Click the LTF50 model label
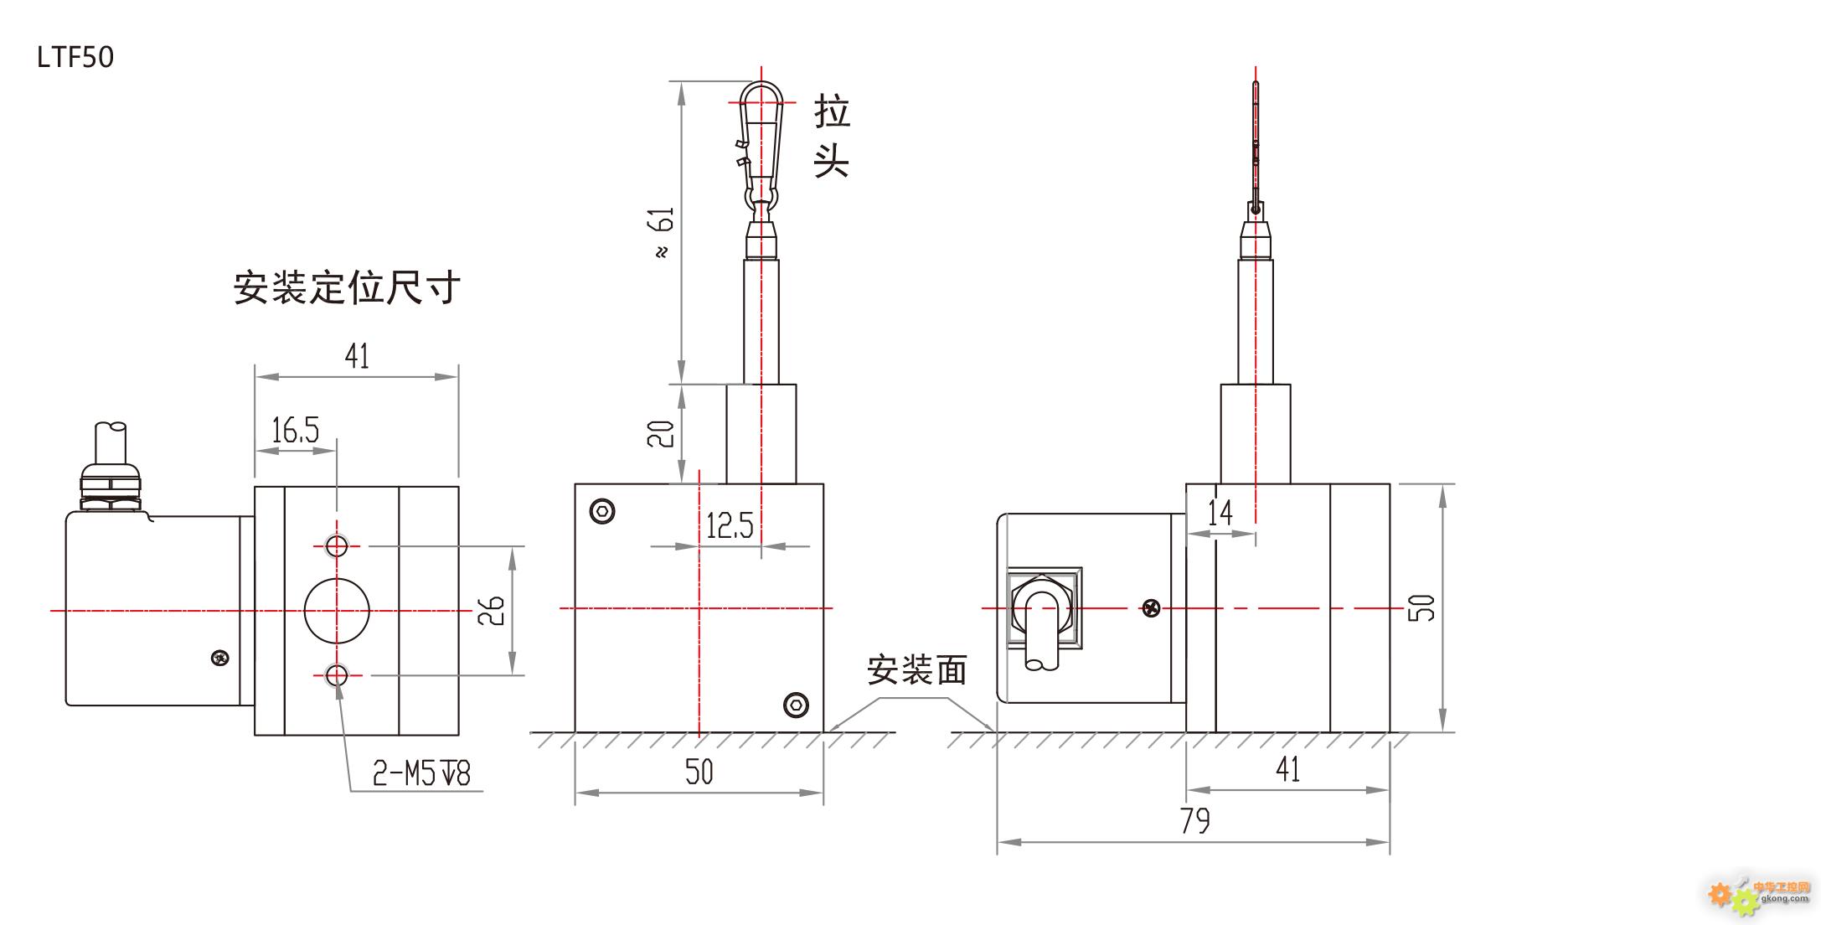[x=75, y=57]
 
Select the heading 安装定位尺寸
[x=347, y=287]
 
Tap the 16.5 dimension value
[x=295, y=430]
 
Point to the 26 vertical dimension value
[x=492, y=610]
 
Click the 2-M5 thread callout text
[x=422, y=773]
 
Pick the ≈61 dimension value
[x=662, y=232]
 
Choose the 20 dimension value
[x=662, y=433]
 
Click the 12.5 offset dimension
[x=730, y=525]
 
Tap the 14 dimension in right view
[x=1220, y=512]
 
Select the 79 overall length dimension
[x=1195, y=820]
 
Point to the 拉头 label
[x=832, y=136]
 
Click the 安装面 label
[x=917, y=669]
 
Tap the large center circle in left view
[x=337, y=610]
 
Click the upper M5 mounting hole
[x=337, y=546]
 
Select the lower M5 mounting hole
[x=337, y=674]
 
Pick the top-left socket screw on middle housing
[x=602, y=511]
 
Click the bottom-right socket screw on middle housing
[x=796, y=705]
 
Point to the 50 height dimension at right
[x=1421, y=608]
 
